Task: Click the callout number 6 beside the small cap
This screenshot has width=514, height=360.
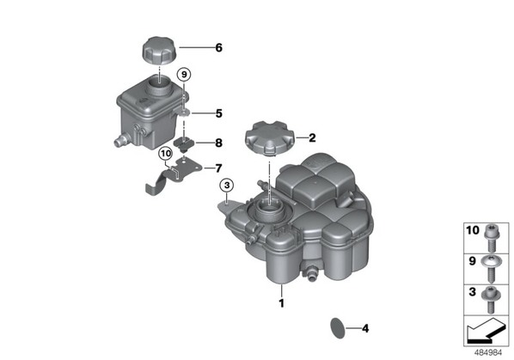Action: click(218, 48)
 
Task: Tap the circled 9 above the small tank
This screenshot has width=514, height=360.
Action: click(184, 75)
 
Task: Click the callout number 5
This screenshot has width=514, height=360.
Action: click(218, 113)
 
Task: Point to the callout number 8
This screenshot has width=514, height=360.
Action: click(218, 143)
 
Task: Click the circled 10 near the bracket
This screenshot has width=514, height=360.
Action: click(166, 153)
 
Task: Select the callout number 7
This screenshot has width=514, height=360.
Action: click(218, 168)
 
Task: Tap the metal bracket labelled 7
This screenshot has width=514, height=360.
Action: click(173, 176)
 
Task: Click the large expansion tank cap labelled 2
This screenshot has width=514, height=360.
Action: click(270, 137)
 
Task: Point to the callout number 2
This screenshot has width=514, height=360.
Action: click(312, 138)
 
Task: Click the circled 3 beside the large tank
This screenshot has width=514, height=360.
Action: click(227, 186)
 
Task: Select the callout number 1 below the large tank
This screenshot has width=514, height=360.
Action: click(281, 303)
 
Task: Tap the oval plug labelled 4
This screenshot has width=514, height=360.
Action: click(338, 328)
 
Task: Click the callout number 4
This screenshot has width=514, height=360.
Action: click(365, 328)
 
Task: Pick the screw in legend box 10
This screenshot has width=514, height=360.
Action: click(491, 237)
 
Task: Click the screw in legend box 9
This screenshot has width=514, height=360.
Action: click(491, 270)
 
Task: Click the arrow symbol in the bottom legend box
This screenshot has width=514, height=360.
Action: click(486, 330)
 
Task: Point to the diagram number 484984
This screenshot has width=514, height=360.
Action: click(488, 353)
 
